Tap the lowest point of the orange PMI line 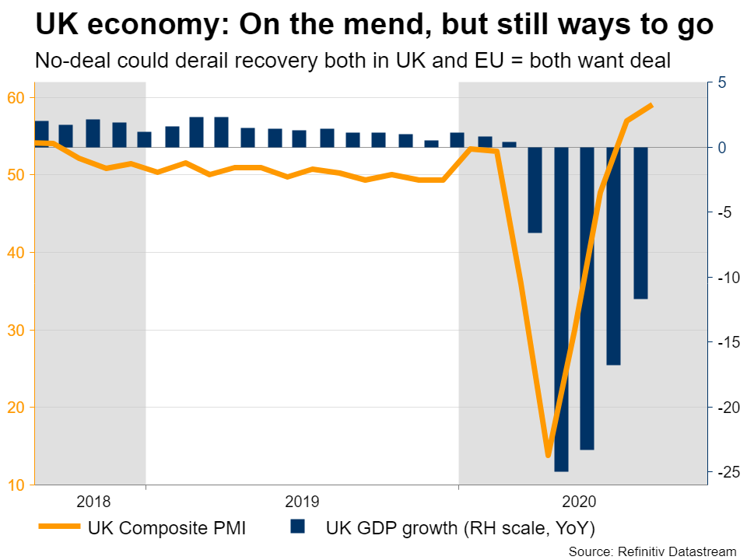click(x=548, y=455)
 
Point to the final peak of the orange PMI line click(x=651, y=105)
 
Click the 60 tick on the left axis click(x=16, y=97)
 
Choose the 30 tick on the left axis click(x=16, y=331)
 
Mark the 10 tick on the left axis click(x=16, y=485)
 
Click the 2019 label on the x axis click(x=302, y=501)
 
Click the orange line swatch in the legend click(x=59, y=528)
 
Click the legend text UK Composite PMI click(x=167, y=529)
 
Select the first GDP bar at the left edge click(x=42, y=134)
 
